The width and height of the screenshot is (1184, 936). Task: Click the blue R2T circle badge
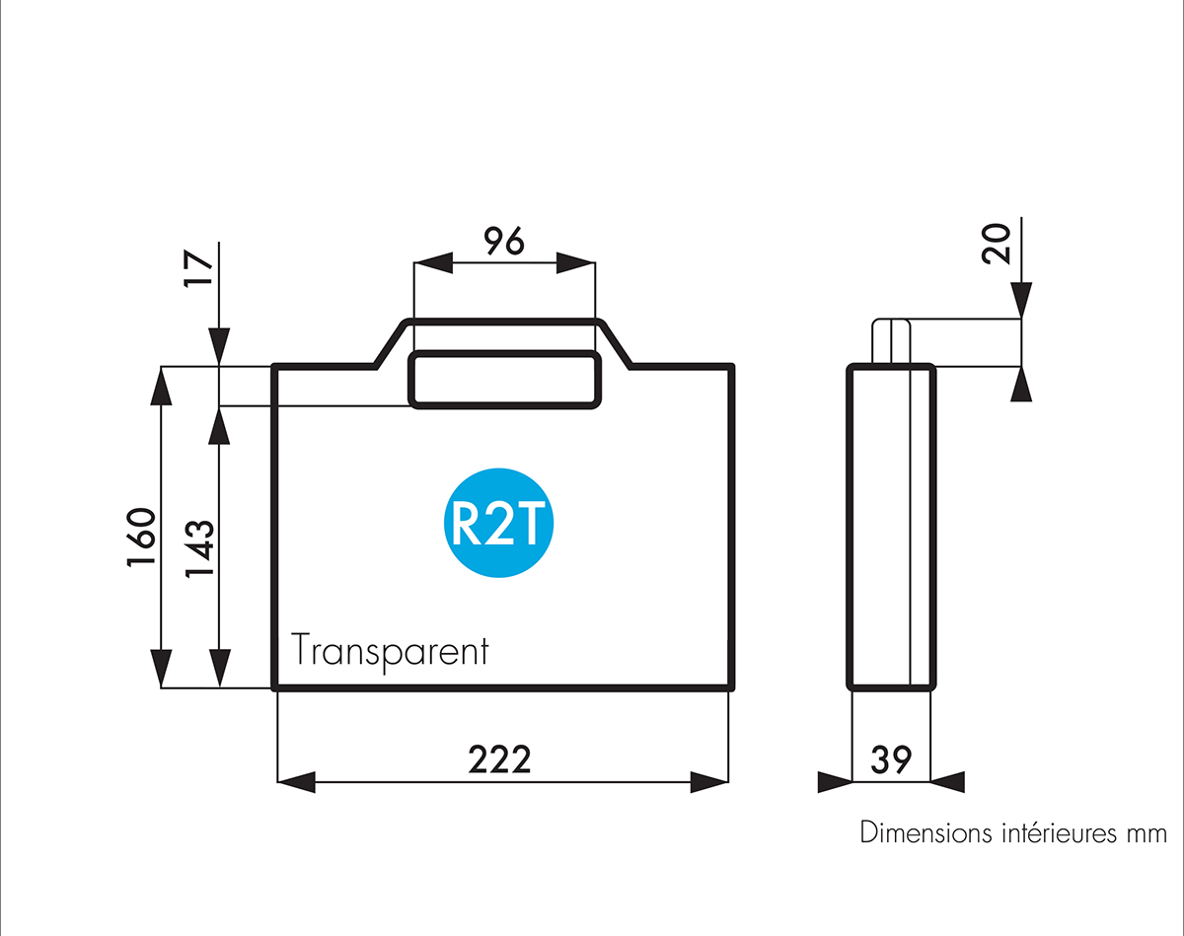[498, 522]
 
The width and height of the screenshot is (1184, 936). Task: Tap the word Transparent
[390, 652]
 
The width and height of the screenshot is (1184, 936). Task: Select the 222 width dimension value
[499, 759]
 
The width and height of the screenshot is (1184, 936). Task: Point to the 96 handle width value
[503, 242]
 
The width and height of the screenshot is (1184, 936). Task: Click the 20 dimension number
[998, 243]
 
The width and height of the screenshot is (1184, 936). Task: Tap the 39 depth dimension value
[891, 759]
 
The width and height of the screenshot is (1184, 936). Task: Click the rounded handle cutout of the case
[504, 379]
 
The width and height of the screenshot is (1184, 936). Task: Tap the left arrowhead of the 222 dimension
[296, 782]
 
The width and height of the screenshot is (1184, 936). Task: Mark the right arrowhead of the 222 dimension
[709, 782]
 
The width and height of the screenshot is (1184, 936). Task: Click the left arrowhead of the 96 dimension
[432, 262]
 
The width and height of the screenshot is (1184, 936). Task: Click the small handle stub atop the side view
[891, 341]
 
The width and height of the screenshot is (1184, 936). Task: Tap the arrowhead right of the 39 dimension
[947, 782]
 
